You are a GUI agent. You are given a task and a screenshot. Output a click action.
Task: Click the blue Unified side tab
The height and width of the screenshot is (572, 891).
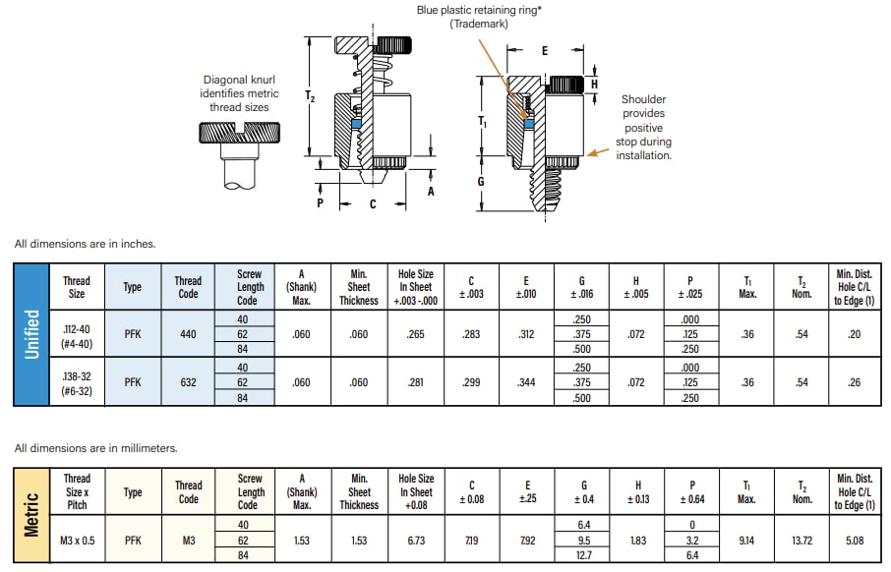[31, 334]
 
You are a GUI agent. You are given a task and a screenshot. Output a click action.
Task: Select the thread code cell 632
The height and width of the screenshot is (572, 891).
[188, 382]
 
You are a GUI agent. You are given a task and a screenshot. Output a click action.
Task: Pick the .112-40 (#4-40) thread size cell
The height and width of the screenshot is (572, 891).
[77, 334]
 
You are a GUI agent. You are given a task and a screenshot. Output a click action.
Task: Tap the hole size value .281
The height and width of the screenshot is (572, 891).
[416, 382]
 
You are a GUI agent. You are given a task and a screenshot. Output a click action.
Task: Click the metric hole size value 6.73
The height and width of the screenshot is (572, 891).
[416, 540]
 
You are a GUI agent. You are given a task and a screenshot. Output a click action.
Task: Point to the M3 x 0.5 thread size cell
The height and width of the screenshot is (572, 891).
[77, 540]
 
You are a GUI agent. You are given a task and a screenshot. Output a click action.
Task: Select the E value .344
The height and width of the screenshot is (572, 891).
[526, 382]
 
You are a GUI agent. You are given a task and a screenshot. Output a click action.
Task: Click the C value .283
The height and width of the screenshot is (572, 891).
[471, 334]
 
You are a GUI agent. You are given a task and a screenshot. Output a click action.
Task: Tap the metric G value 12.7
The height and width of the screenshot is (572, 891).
[581, 554]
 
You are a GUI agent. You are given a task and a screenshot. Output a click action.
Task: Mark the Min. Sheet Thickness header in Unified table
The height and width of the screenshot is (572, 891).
[359, 286]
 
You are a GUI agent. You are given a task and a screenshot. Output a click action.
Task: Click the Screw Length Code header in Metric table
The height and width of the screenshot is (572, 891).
[250, 491]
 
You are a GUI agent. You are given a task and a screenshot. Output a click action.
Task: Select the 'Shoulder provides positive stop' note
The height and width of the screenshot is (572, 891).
[643, 127]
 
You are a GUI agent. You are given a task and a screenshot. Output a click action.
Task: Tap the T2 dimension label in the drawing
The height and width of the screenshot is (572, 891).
[311, 96]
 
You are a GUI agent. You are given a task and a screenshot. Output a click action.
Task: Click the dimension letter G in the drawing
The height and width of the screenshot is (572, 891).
[481, 182]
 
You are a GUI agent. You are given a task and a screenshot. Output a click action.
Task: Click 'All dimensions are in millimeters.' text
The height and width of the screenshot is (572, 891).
[96, 448]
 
